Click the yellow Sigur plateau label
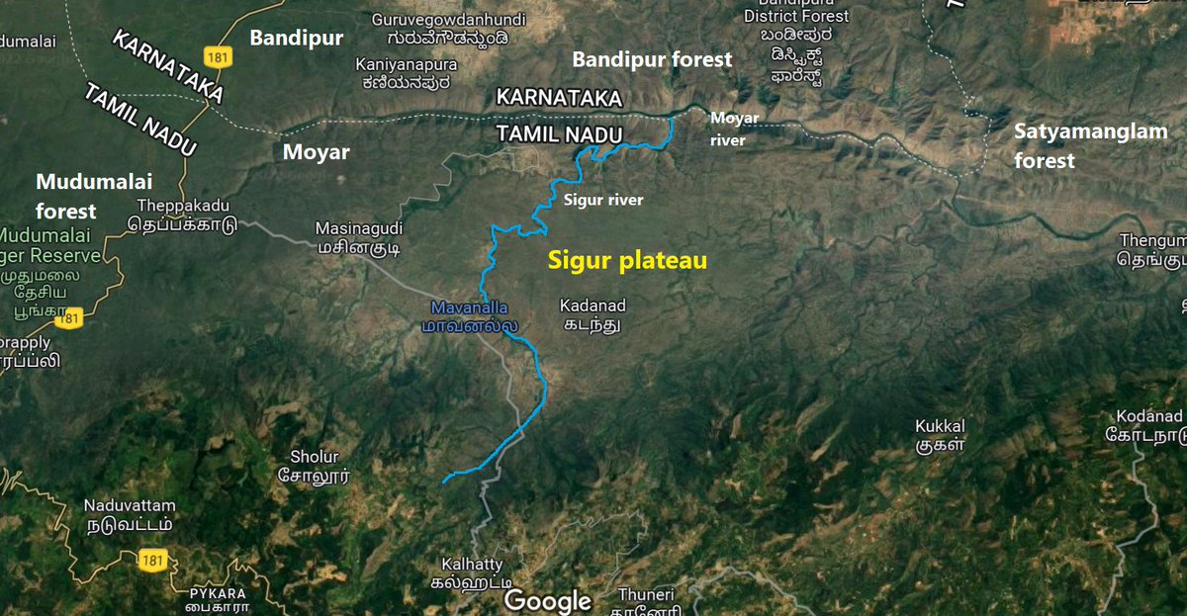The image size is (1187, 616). point(628,262)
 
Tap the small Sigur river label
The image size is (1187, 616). point(603,201)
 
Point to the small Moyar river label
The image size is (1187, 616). point(735,130)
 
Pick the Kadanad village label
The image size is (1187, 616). point(593,315)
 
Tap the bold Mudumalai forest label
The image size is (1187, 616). point(66,196)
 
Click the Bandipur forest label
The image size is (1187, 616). point(653,59)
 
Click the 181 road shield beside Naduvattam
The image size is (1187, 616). point(153,560)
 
